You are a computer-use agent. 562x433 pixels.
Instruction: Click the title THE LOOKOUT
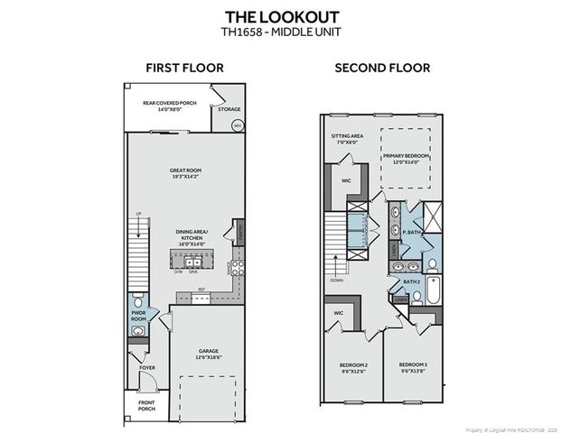click(281, 17)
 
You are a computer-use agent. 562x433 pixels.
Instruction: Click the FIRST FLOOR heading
click(184, 68)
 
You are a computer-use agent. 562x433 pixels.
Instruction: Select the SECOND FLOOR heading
click(382, 68)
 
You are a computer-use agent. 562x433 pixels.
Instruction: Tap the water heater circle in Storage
click(238, 125)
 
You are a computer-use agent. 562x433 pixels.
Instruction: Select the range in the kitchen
click(239, 265)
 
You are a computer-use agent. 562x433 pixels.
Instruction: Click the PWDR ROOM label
click(138, 315)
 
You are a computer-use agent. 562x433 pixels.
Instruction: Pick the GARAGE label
click(209, 353)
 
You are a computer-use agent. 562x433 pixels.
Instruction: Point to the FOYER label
click(146, 368)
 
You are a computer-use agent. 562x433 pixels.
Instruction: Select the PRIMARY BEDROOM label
click(405, 158)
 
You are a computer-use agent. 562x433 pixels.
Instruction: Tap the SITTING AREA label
click(344, 140)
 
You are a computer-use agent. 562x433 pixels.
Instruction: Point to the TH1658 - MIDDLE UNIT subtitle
click(281, 33)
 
